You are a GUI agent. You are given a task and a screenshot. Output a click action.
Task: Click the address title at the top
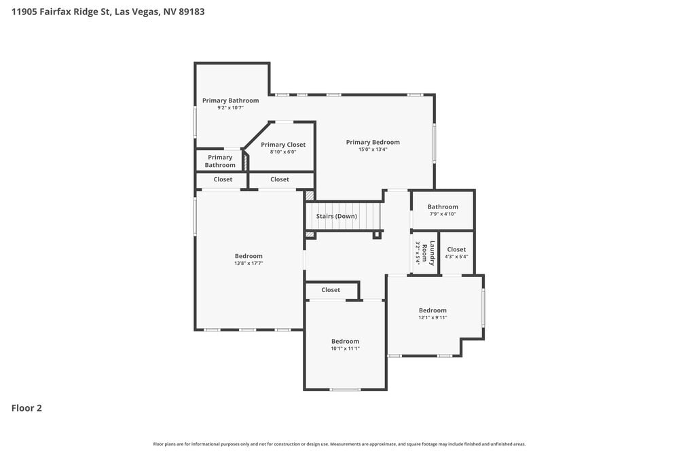(108, 12)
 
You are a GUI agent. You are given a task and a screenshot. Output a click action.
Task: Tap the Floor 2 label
(26, 408)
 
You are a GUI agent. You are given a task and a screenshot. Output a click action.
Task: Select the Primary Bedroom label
(373, 142)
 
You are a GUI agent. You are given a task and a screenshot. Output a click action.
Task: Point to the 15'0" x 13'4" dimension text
(373, 149)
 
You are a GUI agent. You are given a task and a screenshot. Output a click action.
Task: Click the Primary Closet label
(283, 145)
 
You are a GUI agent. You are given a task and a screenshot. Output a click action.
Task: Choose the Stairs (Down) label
(336, 216)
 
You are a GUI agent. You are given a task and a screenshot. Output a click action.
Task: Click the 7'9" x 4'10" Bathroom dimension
(443, 214)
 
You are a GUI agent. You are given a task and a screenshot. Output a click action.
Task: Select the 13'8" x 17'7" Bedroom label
(249, 256)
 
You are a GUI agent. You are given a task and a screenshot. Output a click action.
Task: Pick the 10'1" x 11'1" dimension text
(345, 348)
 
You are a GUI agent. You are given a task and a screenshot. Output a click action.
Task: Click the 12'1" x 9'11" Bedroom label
(433, 310)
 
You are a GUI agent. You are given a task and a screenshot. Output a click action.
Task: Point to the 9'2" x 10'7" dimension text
(230, 108)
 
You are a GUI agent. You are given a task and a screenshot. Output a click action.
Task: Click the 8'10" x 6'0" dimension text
(283, 152)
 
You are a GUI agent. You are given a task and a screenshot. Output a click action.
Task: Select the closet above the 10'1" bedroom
(331, 290)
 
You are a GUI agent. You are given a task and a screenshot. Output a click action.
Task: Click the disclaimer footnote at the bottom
(339, 443)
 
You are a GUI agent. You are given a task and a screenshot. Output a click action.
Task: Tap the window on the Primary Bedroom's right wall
(435, 143)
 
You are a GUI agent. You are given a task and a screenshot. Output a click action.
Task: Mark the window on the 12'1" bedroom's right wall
(483, 307)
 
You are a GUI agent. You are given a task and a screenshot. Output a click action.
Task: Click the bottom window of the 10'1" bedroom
(345, 389)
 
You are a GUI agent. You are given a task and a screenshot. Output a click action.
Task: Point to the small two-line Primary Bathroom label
(220, 161)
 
